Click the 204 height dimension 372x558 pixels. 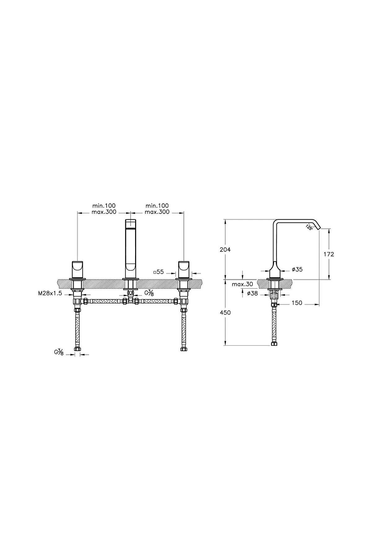pyautogui.click(x=225, y=250)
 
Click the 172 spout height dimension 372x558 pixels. pyautogui.click(x=329, y=254)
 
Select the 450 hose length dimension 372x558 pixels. pyautogui.click(x=225, y=312)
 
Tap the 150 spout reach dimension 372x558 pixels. pyautogui.click(x=297, y=303)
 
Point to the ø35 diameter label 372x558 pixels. pyautogui.click(x=297, y=269)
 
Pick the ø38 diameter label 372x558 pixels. pyautogui.click(x=252, y=293)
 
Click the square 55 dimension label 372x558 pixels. pyautogui.click(x=158, y=272)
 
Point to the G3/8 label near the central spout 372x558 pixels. pyautogui.click(x=149, y=293)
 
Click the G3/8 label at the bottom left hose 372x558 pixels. pyautogui.click(x=59, y=352)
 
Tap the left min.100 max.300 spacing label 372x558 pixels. pyautogui.click(x=104, y=209)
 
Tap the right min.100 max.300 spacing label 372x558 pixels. pyautogui.click(x=157, y=209)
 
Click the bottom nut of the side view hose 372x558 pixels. pyautogui.click(x=274, y=344)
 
